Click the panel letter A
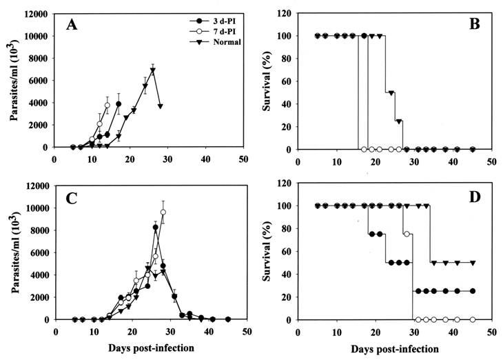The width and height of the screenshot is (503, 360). pyautogui.click(x=72, y=26)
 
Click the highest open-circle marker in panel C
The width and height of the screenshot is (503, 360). pyautogui.click(x=163, y=212)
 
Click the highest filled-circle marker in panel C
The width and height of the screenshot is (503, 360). pyautogui.click(x=156, y=228)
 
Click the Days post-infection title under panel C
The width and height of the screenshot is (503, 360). pyautogui.click(x=150, y=348)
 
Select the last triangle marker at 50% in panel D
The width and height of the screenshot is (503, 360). pyautogui.click(x=473, y=263)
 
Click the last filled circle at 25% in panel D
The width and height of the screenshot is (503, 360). pyautogui.click(x=473, y=291)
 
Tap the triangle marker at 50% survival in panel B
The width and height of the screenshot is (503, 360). pyautogui.click(x=391, y=93)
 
